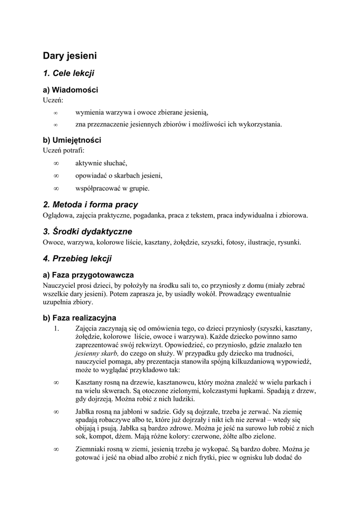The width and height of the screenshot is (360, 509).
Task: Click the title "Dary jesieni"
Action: pyautogui.click(x=70, y=55)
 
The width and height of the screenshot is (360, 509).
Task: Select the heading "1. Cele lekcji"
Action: pyautogui.click(x=69, y=73)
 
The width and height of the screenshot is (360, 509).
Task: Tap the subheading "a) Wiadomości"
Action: pyautogui.click(x=70, y=90)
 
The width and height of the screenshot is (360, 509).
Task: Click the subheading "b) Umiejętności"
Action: pyautogui.click(x=72, y=140)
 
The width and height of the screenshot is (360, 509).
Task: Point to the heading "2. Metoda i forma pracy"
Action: pyautogui.click(x=90, y=204)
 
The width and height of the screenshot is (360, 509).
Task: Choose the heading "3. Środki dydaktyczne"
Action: pyautogui.click(x=88, y=231)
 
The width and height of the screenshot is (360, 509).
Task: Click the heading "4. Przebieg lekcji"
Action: pyautogui.click(x=77, y=258)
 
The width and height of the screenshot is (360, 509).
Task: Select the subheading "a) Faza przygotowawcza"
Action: pyautogui.click(x=88, y=275)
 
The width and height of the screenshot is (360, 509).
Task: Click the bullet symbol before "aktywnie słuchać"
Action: pyautogui.click(x=56, y=163)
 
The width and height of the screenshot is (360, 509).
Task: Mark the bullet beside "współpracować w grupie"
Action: pyautogui.click(x=56, y=188)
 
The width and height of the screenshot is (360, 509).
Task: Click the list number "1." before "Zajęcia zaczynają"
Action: pyautogui.click(x=56, y=328)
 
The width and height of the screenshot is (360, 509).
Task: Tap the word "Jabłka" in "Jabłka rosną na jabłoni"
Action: pyautogui.click(x=86, y=412)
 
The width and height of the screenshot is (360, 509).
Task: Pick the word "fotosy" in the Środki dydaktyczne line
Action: pyautogui.click(x=234, y=243)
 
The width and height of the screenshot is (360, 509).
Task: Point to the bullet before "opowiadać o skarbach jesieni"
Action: pyautogui.click(x=56, y=175)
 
